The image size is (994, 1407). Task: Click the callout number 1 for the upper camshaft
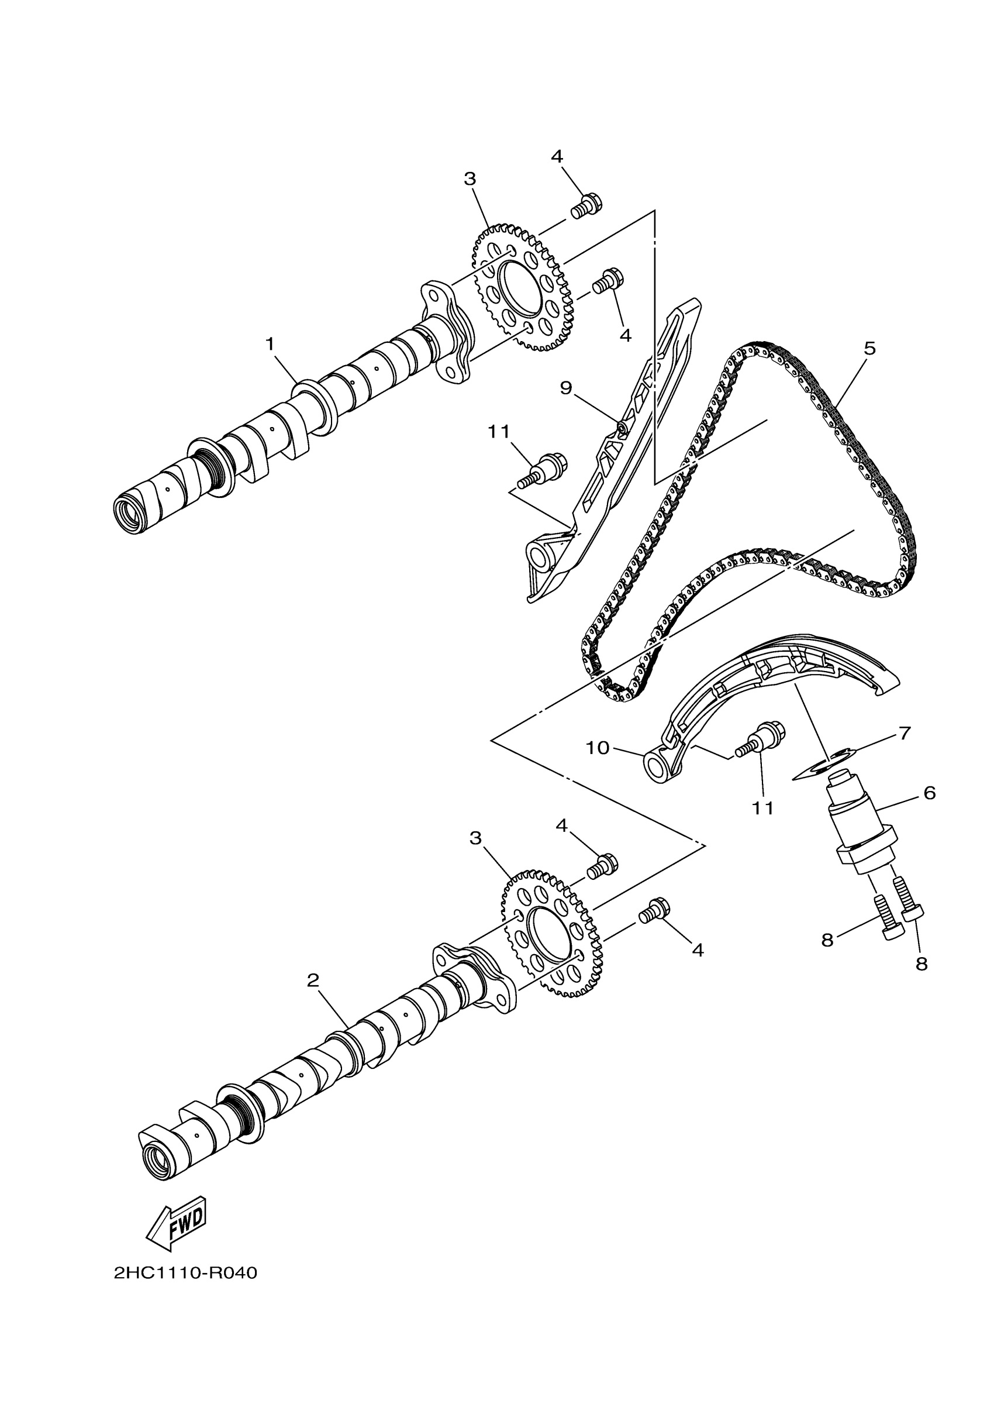coord(270,345)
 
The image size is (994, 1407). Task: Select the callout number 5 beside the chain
coord(869,349)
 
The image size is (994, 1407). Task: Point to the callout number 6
coord(929,793)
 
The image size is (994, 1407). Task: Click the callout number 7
coord(905,732)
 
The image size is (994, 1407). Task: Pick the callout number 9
coord(565,387)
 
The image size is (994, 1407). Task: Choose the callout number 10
coord(598,748)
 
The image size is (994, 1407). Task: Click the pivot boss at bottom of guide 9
coord(541,558)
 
